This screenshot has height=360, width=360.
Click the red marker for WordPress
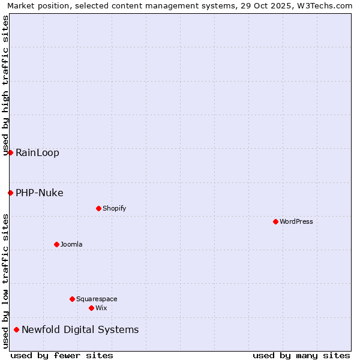[275, 221]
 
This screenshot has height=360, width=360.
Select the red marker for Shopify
[98, 208]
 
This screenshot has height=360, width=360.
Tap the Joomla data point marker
[56, 244]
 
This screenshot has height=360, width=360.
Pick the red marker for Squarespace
[72, 299]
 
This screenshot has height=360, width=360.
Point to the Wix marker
[91, 308]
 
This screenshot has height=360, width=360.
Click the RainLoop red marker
[10, 152]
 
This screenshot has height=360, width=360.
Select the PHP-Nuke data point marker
[10, 193]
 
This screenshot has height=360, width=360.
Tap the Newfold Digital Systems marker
[16, 329]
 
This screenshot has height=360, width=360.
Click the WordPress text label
[296, 221]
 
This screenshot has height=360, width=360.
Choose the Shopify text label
[115, 208]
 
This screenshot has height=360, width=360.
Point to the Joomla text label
[71, 244]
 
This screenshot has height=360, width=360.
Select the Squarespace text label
[97, 299]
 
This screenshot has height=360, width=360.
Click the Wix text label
[101, 308]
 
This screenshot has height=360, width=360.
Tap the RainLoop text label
[37, 152]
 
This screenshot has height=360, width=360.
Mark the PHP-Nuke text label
[40, 193]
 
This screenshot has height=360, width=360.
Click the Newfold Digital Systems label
[80, 329]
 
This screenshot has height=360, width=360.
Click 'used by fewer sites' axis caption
[62, 355]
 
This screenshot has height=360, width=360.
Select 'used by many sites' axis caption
[301, 355]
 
